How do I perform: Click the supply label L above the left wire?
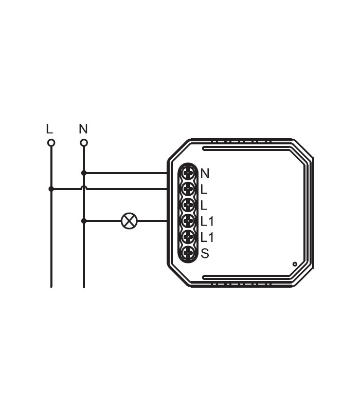click(x=49, y=128)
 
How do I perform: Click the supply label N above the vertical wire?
click(x=83, y=128)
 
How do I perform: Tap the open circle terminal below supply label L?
click(x=51, y=143)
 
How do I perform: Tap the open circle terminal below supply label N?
click(x=84, y=143)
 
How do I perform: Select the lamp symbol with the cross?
click(x=129, y=221)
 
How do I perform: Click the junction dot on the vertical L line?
click(x=51, y=189)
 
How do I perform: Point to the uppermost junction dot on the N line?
click(x=84, y=173)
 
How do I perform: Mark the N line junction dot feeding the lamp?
click(x=84, y=221)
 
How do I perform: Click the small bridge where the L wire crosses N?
click(x=84, y=188)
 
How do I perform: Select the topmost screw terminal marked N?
click(x=189, y=173)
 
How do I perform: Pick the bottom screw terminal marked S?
click(x=189, y=253)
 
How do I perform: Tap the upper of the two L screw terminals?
click(x=189, y=189)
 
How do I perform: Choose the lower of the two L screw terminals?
click(x=189, y=205)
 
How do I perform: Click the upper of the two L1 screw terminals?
click(x=189, y=221)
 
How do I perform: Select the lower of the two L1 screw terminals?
click(x=189, y=237)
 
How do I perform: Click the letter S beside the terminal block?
click(x=205, y=253)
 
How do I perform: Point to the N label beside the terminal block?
click(x=205, y=173)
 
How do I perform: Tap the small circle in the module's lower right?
click(x=295, y=264)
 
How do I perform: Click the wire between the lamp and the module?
click(x=152, y=221)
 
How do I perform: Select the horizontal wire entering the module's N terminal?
click(x=126, y=173)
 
